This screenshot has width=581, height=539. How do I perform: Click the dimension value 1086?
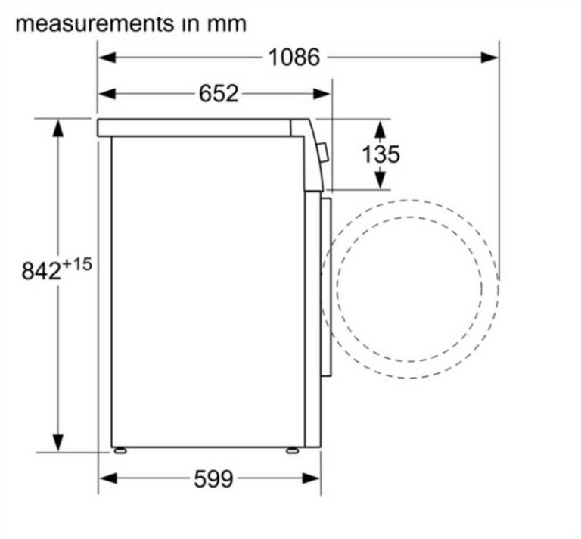point(294,58)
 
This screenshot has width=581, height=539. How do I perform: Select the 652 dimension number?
point(219,93)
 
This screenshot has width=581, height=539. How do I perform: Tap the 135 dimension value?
point(381,154)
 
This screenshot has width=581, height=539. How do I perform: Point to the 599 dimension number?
point(213,478)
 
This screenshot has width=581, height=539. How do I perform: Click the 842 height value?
point(41,270)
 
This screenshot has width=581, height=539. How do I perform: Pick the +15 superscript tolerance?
point(76,264)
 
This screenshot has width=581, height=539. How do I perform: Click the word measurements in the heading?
point(95,24)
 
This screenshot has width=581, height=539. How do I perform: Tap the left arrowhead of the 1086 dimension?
point(107,58)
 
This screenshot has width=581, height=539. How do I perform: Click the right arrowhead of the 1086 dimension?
point(489,58)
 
